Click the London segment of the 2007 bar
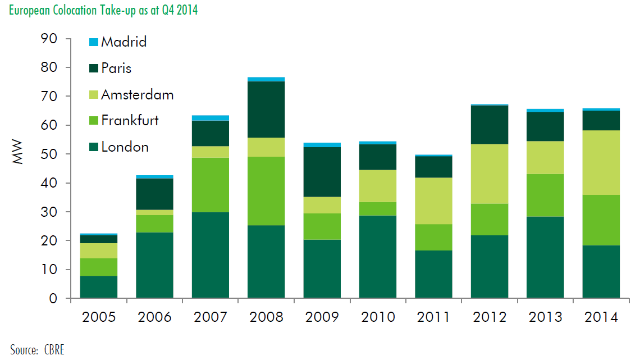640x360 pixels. (210, 255)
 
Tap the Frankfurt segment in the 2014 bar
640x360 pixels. (601, 220)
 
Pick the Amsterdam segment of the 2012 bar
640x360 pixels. (489, 174)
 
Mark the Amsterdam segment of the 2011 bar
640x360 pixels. (433, 201)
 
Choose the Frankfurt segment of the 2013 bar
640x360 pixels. (545, 195)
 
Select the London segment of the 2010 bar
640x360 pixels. (377, 257)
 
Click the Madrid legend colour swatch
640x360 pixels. (94, 42)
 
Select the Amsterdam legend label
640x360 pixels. (138, 94)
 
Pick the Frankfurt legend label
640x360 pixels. (130, 120)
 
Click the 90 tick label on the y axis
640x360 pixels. (49, 39)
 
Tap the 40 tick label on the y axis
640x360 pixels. (49, 183)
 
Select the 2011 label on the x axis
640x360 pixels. (433, 317)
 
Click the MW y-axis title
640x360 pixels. (19, 154)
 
